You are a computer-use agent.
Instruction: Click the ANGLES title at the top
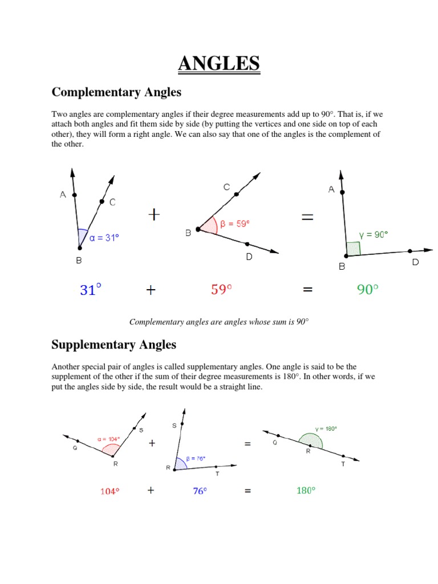pos(218,63)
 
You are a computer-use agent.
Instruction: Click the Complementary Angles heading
pos(116,92)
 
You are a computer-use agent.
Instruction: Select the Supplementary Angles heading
pos(113,344)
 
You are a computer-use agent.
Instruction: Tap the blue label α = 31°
pos(104,238)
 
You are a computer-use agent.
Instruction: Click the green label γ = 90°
pos(373,234)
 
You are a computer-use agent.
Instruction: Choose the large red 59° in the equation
pos(221,290)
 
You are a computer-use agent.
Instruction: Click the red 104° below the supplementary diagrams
pos(109,490)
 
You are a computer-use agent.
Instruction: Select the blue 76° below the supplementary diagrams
pos(199,490)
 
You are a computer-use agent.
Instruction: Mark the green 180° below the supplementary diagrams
pos(306,490)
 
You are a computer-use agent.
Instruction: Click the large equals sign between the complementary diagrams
pos(307,216)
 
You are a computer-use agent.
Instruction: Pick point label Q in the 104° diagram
pos(75,448)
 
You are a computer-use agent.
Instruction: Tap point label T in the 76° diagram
pos(217,473)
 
